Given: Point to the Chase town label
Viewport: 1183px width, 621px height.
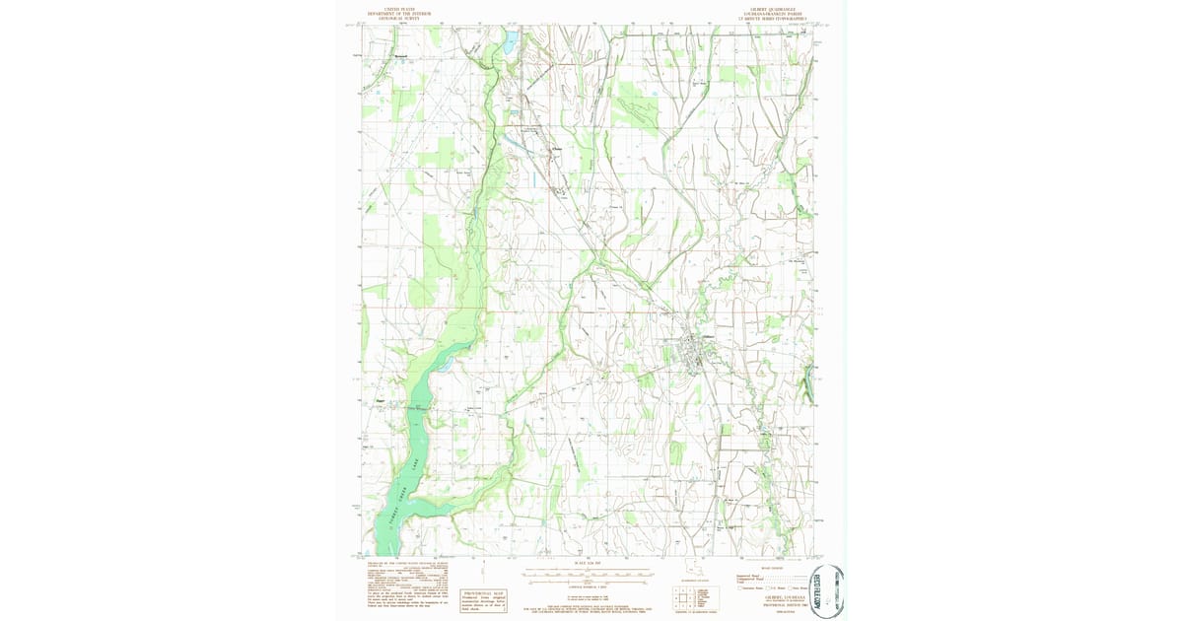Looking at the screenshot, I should point(554,150).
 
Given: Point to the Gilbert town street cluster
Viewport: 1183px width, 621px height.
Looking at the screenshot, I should point(694,353).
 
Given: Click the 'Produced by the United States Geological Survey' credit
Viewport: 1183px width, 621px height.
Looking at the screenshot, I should point(404,566).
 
